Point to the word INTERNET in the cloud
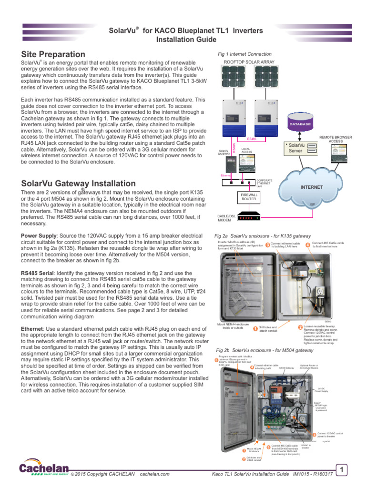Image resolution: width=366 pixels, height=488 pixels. click(311, 187)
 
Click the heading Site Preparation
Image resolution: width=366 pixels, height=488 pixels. click(53, 54)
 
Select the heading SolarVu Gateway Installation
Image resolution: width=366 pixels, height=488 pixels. click(79, 183)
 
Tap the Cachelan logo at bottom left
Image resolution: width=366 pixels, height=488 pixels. click(43, 469)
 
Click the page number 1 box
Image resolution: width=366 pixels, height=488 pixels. click(341, 471)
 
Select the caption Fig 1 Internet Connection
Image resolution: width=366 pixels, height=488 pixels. click(244, 54)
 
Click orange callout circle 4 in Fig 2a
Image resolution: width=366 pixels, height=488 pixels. click(307, 245)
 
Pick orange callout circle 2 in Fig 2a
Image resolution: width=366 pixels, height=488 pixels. click(300, 327)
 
